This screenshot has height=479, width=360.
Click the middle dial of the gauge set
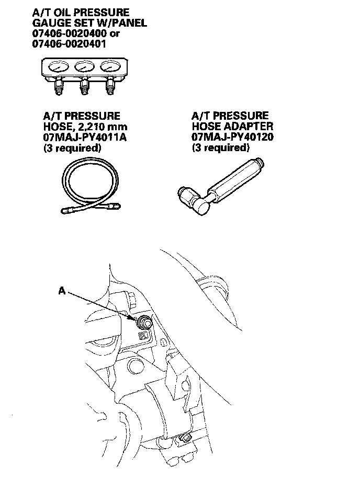[x=83, y=67]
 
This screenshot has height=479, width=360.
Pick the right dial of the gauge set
[x=109, y=67]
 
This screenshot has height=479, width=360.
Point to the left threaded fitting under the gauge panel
[x=57, y=87]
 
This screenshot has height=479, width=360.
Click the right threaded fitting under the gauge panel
[x=110, y=87]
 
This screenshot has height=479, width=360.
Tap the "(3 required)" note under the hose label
[x=72, y=149]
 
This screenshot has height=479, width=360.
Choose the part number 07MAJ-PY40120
[x=232, y=137]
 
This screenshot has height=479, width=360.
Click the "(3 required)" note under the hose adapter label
[x=220, y=148]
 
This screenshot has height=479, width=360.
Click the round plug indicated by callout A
[x=143, y=321]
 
